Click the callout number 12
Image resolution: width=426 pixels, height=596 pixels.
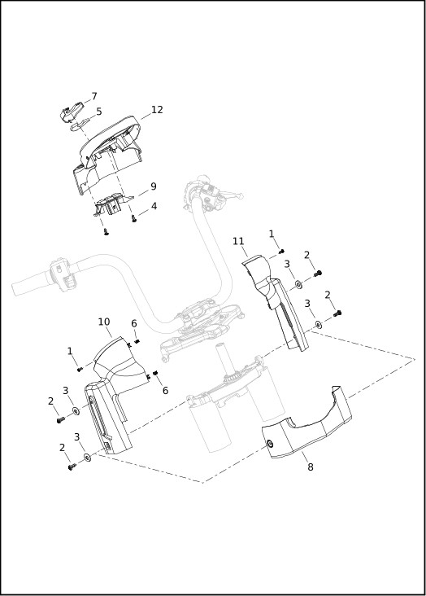click(157, 110)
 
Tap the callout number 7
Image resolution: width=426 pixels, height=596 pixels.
click(94, 97)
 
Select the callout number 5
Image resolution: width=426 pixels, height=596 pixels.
click(98, 112)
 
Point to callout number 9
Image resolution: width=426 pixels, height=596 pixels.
click(153, 186)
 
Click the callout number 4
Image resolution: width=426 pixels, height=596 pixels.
click(154, 206)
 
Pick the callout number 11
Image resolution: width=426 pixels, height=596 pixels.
click(238, 241)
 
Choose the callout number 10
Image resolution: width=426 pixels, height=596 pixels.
click(104, 322)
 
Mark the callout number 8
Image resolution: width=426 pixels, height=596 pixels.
click(311, 467)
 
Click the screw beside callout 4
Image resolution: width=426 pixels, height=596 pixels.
click(133, 218)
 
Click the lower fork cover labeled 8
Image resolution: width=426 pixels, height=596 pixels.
click(306, 423)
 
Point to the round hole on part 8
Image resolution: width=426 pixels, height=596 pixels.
click(270, 444)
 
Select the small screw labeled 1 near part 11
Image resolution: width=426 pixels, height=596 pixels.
click(281, 251)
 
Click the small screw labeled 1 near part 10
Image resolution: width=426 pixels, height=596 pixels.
click(80, 369)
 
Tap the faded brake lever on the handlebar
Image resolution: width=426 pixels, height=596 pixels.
click(227, 194)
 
